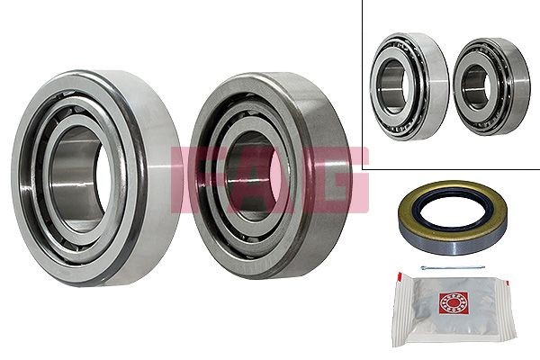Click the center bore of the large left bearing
pos(80,170)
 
